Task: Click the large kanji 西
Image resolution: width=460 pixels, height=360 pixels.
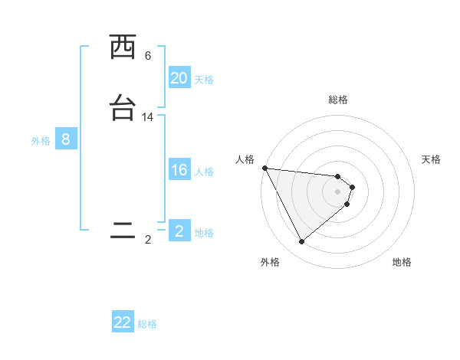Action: [x=123, y=47]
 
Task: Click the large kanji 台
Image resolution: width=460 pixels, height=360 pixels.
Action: [x=123, y=108]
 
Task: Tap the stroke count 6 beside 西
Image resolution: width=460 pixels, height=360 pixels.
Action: [x=148, y=56]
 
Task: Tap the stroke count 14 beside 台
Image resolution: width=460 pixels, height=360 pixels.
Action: [x=148, y=117]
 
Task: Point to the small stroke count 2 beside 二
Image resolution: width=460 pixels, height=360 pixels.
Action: [x=148, y=240]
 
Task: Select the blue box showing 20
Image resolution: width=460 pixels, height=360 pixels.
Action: [x=179, y=78]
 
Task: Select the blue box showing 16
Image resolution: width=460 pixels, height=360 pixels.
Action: [x=179, y=170]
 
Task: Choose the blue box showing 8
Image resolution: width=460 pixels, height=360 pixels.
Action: [x=66, y=139]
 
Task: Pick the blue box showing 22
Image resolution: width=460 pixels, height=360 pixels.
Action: [x=123, y=322]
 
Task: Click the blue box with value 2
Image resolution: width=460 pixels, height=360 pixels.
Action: [x=179, y=231]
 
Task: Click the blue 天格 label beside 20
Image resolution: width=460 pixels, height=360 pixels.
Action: [x=204, y=80]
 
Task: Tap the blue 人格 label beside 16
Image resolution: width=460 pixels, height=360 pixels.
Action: [x=204, y=172]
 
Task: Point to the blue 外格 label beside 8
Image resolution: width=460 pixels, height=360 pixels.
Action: [x=40, y=141]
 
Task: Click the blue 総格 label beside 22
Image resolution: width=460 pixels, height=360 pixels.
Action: [x=147, y=324]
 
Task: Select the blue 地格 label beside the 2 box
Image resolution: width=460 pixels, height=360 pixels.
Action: [x=204, y=233]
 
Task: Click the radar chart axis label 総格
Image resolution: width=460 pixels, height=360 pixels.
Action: [x=338, y=100]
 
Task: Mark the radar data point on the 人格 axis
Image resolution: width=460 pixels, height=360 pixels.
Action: [x=264, y=168]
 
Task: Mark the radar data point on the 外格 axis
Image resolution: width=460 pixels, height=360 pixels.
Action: [x=301, y=242]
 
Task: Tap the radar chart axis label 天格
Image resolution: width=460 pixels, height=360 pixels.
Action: [x=432, y=159]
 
